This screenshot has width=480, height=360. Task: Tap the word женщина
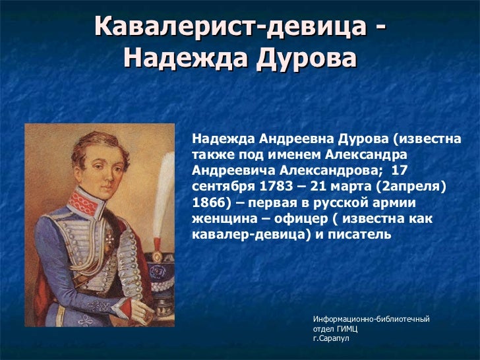coord(222,218)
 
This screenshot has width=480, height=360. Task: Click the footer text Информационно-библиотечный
coord(371,319)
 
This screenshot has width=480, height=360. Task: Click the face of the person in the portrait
coord(86,162)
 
